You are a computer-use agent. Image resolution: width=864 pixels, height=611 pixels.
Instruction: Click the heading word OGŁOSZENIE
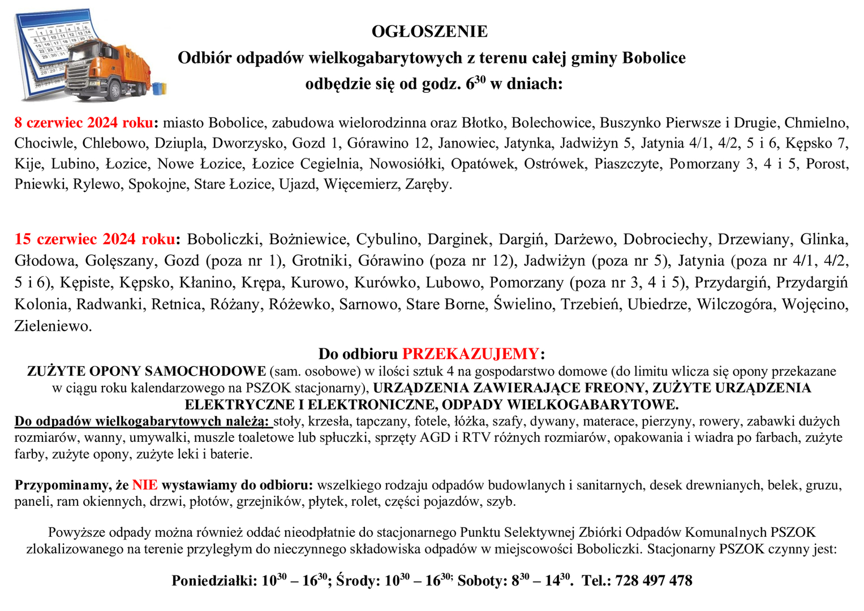pos(429,31)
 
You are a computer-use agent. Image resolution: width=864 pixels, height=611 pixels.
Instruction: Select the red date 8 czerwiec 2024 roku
pos(84,123)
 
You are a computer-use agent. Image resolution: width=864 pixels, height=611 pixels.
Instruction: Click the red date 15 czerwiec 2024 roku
pos(94,239)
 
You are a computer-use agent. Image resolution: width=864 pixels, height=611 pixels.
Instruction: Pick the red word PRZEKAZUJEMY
pos(470,354)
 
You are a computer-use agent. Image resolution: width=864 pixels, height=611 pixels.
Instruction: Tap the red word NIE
pos(144,485)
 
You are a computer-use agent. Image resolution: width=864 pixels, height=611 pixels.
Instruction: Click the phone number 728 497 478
pos(654,580)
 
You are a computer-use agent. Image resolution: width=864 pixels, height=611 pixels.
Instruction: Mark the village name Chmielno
pos(816,123)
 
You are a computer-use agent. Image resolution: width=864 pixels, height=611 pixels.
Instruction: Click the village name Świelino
pos(523,304)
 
